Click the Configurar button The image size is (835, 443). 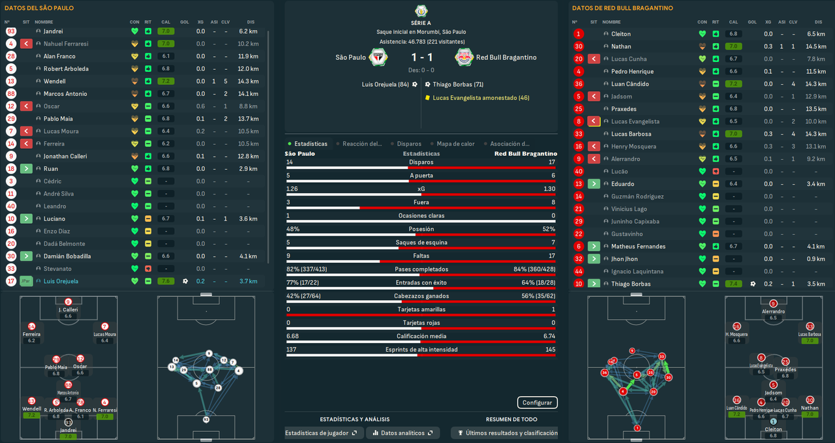[537, 403]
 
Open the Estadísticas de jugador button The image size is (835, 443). [320, 433]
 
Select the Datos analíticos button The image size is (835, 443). [402, 433]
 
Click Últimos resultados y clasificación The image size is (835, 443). [504, 433]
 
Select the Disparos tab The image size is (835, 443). [408, 144]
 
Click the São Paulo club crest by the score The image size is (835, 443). [376, 57]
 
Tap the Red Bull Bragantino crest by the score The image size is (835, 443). [464, 57]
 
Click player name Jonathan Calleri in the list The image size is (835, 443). [65, 157]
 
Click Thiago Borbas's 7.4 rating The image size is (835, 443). [734, 284]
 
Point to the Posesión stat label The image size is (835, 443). [421, 229]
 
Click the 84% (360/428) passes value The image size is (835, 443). [534, 269]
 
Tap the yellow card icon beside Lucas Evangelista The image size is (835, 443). [427, 98]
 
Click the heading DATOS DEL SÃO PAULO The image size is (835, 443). [39, 8]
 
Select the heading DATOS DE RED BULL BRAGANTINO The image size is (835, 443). [622, 8]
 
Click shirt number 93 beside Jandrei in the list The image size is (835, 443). [10, 31]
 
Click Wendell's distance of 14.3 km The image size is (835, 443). [249, 82]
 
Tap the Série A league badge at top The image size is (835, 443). [421, 10]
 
